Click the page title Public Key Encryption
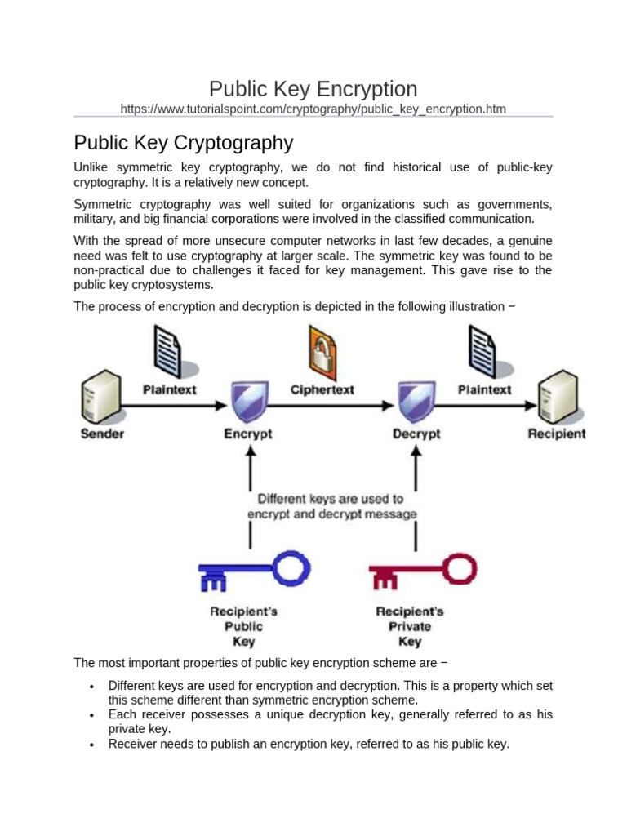tap(313, 89)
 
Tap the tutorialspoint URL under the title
tap(313, 109)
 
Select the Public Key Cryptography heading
tap(183, 143)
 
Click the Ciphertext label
tap(322, 390)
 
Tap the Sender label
tap(102, 434)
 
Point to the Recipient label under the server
tap(557, 434)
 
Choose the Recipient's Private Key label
tap(410, 626)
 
